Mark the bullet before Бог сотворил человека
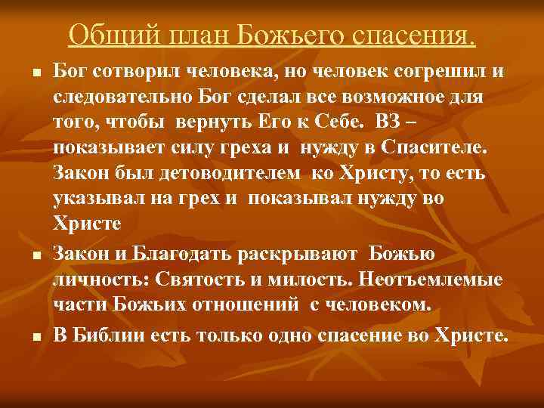36,73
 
